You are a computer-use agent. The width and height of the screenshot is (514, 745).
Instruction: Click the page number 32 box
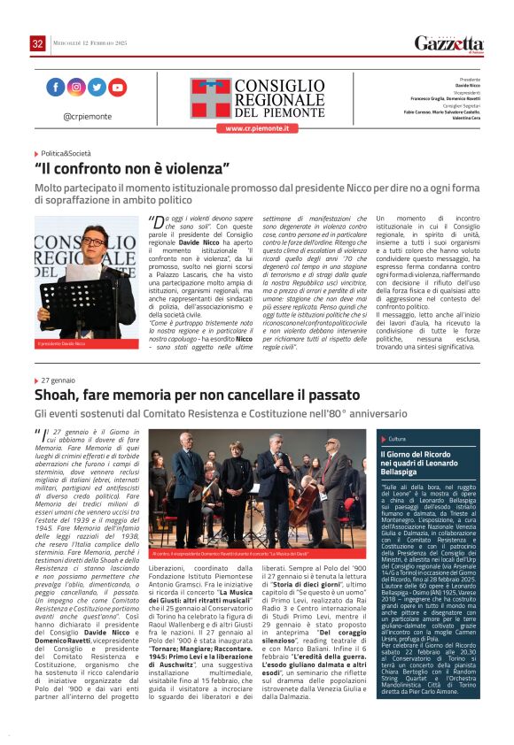coord(37,43)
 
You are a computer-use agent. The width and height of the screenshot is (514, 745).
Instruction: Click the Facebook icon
coord(55,87)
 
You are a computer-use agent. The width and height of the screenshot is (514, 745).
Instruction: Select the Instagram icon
coord(76,87)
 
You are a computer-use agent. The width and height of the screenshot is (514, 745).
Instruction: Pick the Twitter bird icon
coord(97,87)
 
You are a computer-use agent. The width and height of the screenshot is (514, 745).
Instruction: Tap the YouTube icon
coord(118,87)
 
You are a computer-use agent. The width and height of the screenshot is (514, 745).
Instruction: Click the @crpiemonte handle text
coord(87,116)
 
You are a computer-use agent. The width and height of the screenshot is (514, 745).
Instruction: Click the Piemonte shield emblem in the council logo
coord(209,97)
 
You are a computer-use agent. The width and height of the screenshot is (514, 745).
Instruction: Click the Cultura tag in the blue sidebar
coord(397,439)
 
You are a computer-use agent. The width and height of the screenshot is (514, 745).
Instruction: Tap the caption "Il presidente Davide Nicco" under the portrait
coord(62,342)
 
